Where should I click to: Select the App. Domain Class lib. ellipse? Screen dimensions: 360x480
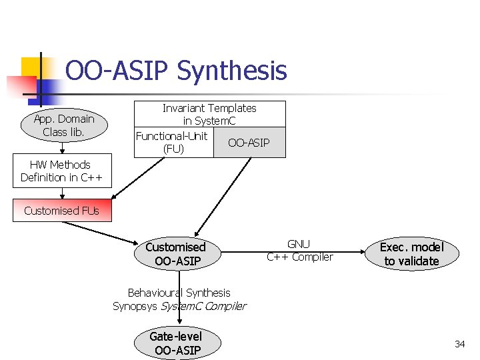[x=64, y=125]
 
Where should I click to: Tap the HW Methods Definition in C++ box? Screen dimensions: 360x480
[x=60, y=171]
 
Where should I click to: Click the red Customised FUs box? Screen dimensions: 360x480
[x=61, y=211]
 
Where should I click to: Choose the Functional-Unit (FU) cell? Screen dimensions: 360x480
[x=173, y=143]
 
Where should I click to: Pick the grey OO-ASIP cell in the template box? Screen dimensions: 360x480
[x=249, y=143]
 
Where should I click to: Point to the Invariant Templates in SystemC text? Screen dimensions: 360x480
[x=209, y=114]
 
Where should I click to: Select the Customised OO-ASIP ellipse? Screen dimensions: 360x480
[x=177, y=254]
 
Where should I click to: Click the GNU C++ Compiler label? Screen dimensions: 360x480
[x=299, y=251]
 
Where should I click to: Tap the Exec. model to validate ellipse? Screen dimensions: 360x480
[x=411, y=254]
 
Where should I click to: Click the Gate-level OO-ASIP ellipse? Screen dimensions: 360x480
[x=177, y=343]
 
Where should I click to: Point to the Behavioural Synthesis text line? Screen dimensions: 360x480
[x=179, y=293]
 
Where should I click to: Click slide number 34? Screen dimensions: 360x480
[x=459, y=344]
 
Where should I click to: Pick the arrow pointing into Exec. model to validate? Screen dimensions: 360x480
[x=347, y=253]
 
